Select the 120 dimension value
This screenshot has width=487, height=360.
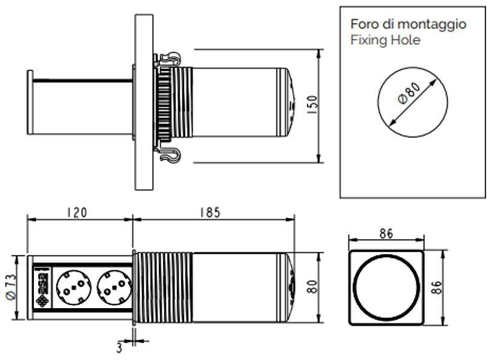[x=77, y=212]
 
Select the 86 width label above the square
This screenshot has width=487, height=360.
[x=386, y=234]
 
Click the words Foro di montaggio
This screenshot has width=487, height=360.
[x=408, y=24]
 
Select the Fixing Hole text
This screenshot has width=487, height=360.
[x=386, y=40]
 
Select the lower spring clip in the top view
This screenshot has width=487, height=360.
[x=169, y=155]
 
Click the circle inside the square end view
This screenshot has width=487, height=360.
[x=387, y=286]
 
